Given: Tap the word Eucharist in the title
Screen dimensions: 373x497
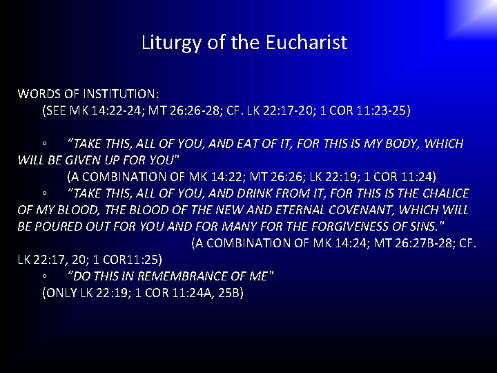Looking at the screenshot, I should click(306, 43).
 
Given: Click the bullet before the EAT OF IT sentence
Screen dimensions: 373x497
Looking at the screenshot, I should click(43, 144).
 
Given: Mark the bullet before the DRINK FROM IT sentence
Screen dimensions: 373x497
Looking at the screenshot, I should click(43, 194).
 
